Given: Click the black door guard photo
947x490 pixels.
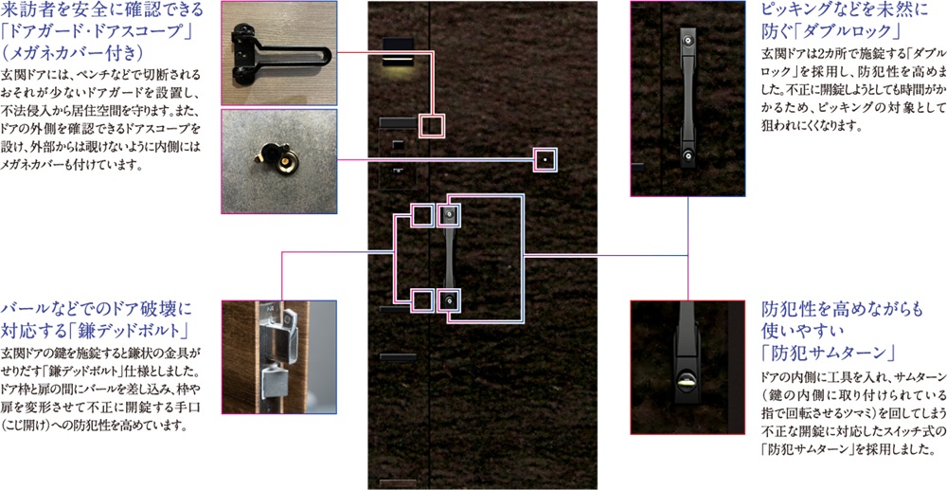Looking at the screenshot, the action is pyautogui.click(x=278, y=53).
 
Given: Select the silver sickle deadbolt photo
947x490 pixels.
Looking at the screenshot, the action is pyautogui.click(x=278, y=356).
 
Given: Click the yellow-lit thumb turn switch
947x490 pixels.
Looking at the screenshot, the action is pyautogui.click(x=688, y=382).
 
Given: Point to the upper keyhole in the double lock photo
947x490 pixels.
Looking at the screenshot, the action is pyautogui.click(x=688, y=40).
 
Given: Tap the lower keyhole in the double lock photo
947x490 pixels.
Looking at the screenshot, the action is pyautogui.click(x=688, y=156).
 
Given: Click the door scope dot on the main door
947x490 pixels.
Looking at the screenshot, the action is pyautogui.click(x=545, y=159).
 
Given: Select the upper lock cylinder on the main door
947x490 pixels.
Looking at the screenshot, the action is pyautogui.click(x=448, y=214).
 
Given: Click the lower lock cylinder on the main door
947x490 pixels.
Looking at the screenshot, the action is pyautogui.click(x=448, y=300).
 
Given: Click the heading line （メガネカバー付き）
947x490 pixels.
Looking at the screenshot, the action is pyautogui.click(x=73, y=54).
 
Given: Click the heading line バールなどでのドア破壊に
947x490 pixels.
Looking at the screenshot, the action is pyautogui.click(x=96, y=310).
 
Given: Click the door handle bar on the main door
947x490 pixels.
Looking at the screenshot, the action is pyautogui.click(x=448, y=257).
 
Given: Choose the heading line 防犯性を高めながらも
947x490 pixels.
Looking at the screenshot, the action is pyautogui.click(x=843, y=309).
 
